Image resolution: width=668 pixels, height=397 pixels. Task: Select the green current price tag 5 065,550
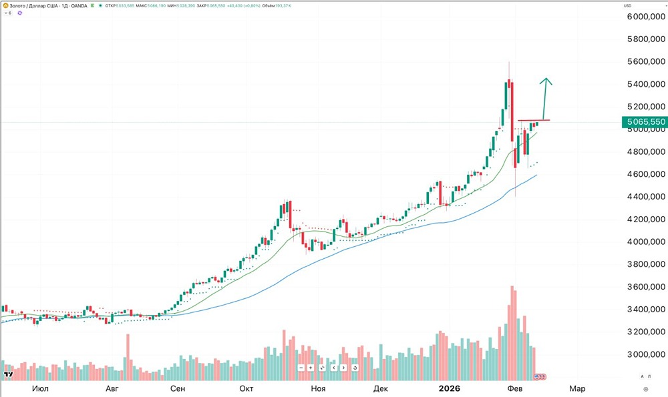click(644, 122)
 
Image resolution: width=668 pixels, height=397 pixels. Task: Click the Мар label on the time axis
click(576, 388)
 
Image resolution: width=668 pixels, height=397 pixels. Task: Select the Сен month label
click(178, 388)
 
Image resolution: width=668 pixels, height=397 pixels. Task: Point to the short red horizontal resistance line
click(534, 120)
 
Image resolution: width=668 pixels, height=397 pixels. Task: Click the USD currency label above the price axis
click(627, 5)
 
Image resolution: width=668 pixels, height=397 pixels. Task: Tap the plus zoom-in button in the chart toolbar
click(311, 368)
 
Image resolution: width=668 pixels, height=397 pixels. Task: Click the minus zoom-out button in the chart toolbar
click(301, 368)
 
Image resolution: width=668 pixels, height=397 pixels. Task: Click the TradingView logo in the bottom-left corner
click(9, 376)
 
